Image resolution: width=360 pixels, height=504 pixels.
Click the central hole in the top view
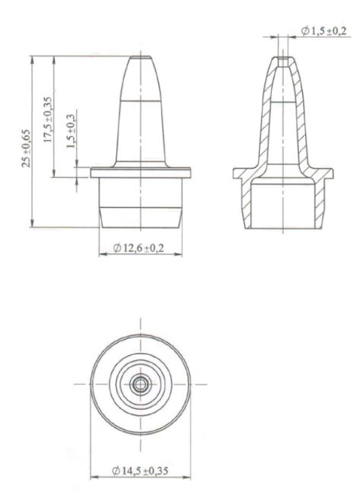140,384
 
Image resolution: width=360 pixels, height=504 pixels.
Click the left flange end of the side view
94,173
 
